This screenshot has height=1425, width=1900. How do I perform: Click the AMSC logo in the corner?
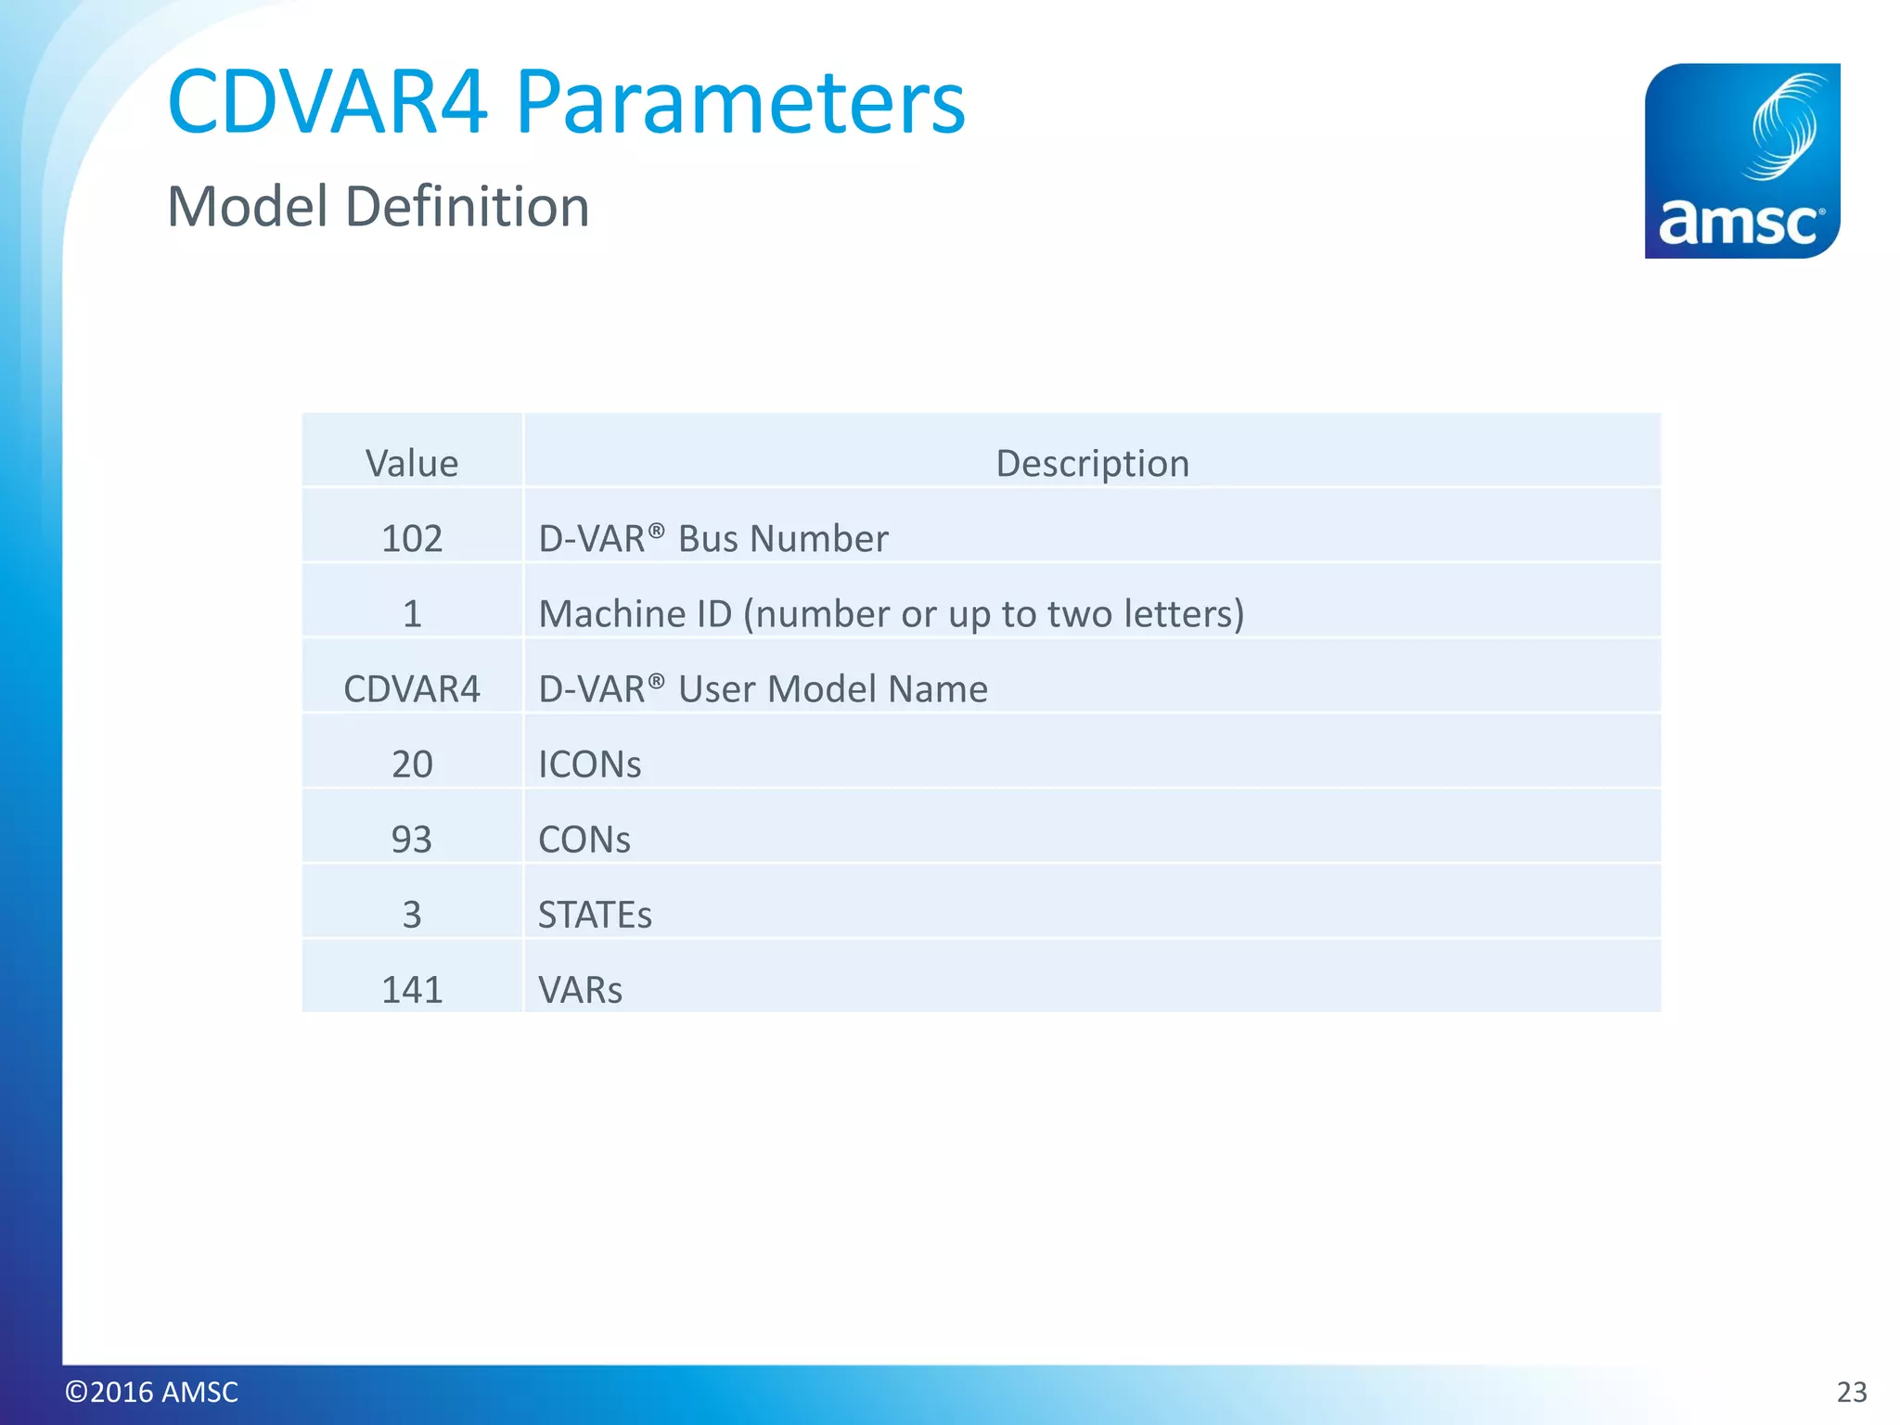pos(1741,160)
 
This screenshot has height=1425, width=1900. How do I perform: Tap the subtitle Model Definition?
pos(378,206)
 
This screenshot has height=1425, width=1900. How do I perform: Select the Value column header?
pos(412,463)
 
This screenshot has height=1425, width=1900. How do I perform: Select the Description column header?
pos(1092,463)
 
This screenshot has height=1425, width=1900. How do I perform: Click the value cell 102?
pos(412,538)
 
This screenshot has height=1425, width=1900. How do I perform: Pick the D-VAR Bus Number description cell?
pos(712,538)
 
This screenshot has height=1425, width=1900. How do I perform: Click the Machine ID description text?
pos(891,613)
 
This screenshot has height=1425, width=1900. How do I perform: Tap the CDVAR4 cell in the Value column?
pos(412,688)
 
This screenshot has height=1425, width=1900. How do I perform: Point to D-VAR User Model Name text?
pos(763,688)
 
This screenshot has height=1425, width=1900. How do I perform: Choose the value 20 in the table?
pos(412,764)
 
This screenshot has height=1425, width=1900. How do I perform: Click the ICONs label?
pos(589,764)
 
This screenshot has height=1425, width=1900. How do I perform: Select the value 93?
pos(412,839)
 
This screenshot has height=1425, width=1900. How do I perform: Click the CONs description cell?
pos(584,839)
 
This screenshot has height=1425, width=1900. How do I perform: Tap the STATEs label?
pos(595,915)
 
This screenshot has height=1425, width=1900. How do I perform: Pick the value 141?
pos(412,990)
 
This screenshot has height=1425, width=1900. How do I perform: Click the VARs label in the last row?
pos(580,990)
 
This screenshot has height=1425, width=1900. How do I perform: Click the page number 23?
pos(1852,1392)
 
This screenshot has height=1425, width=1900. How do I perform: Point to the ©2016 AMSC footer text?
pos(151,1392)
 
